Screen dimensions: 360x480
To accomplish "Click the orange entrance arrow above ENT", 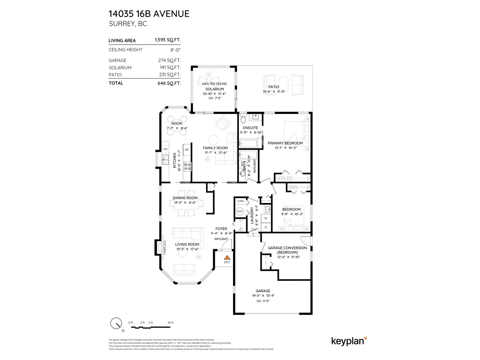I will pos(227,257).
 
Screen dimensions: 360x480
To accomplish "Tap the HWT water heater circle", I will pos(240,211).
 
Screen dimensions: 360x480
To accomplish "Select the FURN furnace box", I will pos(240,201).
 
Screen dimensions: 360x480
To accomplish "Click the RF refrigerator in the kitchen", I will pos(187,150).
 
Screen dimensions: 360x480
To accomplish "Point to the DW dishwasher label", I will pos(165,149).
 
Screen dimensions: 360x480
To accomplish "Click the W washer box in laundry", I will pos(266,218).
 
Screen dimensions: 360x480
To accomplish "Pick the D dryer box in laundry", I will pos(266,227).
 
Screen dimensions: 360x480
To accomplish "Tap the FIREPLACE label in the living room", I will pos(164,248).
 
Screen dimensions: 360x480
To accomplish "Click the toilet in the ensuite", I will pos(243,119).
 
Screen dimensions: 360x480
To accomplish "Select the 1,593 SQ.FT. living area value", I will pos(167,40).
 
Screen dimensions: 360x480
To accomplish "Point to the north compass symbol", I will pos(116,324).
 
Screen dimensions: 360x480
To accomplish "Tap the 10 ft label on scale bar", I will pos(170,322).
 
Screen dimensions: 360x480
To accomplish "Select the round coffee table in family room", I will pos(214,139).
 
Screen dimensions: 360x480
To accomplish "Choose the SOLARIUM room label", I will pos(214,89).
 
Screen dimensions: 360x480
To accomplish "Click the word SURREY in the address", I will pos(121,24).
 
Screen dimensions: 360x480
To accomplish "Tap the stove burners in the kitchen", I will pos(187,166).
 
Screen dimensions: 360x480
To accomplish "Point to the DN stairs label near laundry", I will pos(254,230).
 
